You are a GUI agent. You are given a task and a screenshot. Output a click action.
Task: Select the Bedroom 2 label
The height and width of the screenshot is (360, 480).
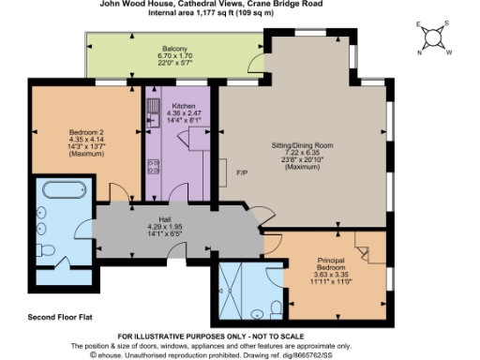[64, 132]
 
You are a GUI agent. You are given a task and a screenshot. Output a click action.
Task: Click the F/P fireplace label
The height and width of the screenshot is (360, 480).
[242, 172]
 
